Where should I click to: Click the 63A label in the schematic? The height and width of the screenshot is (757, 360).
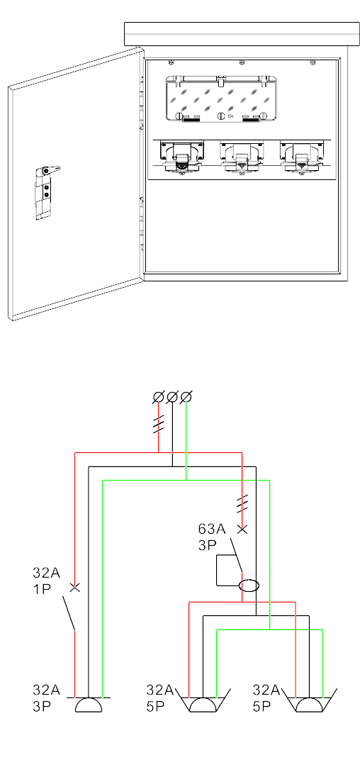click(x=212, y=529)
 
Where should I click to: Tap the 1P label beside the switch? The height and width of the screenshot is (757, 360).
click(x=43, y=590)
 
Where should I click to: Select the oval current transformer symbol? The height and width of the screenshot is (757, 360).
click(x=249, y=585)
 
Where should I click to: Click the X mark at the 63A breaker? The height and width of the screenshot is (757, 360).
click(x=243, y=529)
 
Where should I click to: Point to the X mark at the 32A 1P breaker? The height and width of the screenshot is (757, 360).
click(x=75, y=588)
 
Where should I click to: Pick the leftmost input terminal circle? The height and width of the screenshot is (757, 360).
click(x=159, y=397)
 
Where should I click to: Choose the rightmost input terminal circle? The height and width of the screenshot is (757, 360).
click(x=186, y=397)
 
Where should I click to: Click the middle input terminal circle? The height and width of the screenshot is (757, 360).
click(x=172, y=397)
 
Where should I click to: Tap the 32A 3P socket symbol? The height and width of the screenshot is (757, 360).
click(x=89, y=705)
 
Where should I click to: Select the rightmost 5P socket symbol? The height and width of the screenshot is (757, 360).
click(x=309, y=702)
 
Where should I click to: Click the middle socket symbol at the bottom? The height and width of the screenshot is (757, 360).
click(x=203, y=702)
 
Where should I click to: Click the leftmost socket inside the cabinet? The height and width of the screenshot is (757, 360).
click(x=181, y=157)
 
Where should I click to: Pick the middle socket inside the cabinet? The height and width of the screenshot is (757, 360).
click(x=241, y=157)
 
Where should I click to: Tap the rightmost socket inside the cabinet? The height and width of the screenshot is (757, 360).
click(x=302, y=157)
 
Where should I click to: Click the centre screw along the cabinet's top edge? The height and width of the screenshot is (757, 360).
click(x=241, y=62)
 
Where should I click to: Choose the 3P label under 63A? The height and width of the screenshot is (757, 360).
click(x=207, y=545)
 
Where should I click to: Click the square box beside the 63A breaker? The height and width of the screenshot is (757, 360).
click(x=229, y=571)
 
